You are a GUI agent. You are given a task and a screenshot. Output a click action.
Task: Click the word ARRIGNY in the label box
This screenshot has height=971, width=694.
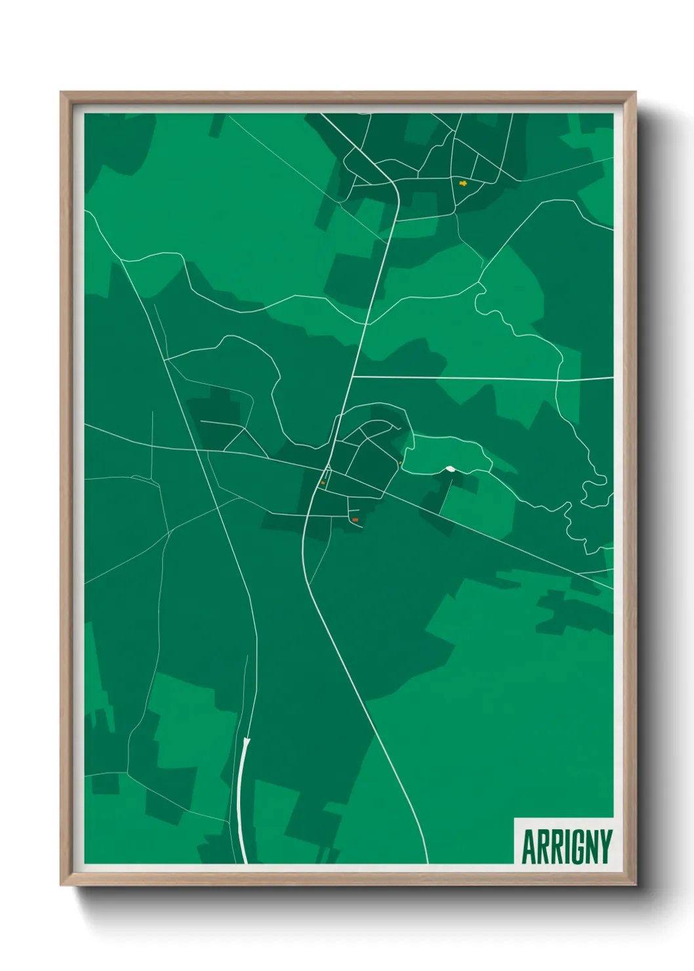567,847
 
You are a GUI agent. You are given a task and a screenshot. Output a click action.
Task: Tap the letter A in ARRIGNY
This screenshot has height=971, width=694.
528,847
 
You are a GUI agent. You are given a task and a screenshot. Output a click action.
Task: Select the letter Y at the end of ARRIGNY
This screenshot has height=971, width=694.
605,847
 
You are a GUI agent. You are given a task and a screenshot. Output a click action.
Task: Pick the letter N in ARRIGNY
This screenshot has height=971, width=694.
590,847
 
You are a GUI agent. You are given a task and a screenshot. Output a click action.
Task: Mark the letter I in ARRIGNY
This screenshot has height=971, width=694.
562,847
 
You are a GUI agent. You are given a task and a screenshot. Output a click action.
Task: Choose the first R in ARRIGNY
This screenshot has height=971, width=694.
540,847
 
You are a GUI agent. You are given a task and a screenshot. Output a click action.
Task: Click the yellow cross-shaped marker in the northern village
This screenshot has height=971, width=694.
463,183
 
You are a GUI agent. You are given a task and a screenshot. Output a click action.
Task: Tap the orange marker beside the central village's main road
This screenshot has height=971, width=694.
323,483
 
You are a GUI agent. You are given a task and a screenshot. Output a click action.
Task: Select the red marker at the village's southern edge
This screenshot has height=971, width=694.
355,520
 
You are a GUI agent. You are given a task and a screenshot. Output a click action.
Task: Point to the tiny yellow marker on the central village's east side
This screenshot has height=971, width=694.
399,463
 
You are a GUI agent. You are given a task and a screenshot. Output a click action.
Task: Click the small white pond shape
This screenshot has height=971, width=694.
451,468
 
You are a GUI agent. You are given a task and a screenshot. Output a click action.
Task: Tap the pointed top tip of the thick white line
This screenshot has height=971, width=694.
247,739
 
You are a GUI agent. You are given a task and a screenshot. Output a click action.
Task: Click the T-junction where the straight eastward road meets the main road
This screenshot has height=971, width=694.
352,377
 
